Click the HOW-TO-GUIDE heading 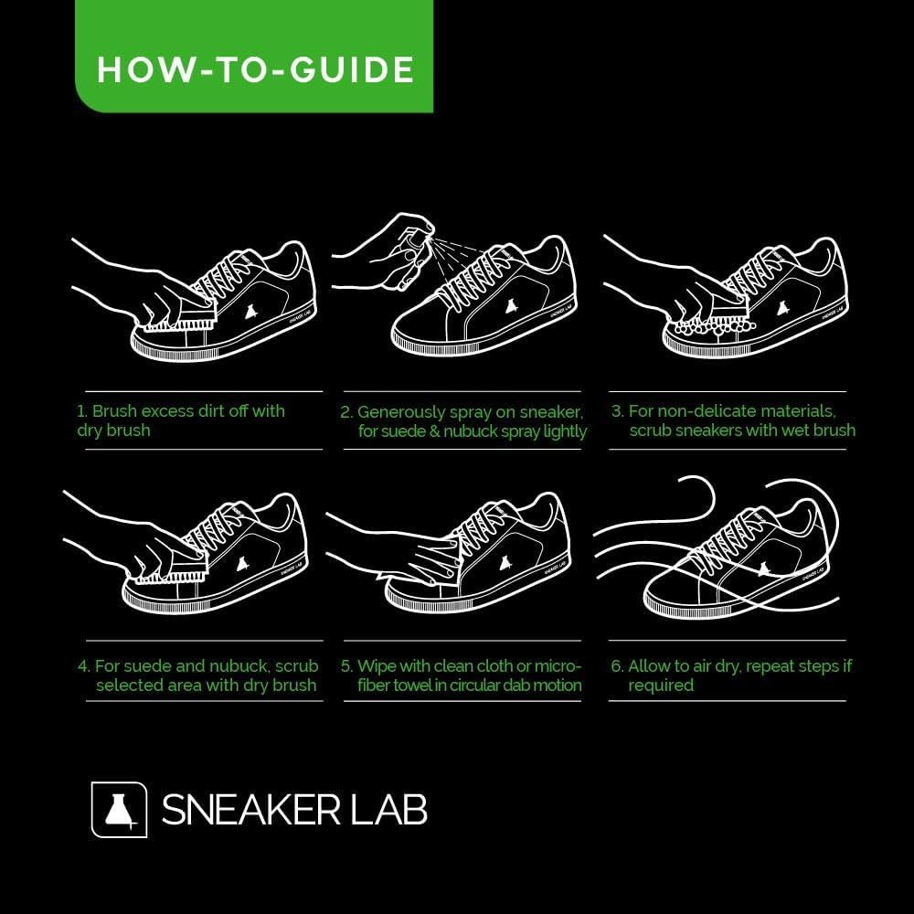click(255, 70)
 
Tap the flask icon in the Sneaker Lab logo click(119, 808)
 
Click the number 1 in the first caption click(81, 411)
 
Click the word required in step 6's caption click(661, 685)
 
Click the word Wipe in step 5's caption click(377, 666)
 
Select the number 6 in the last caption click(615, 666)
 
